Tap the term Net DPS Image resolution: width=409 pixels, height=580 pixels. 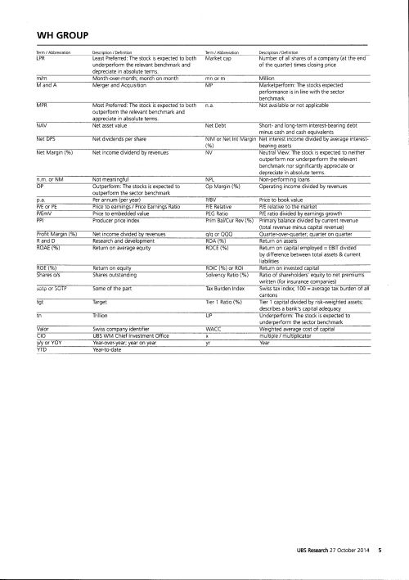point(46,142)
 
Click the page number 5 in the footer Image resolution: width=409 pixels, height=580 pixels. point(380,563)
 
